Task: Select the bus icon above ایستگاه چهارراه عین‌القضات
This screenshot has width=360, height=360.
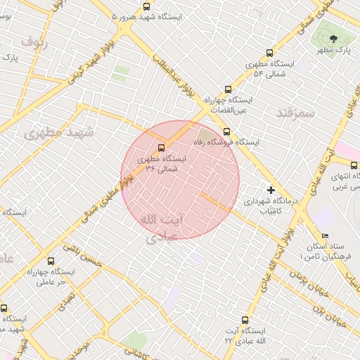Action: click(227, 89)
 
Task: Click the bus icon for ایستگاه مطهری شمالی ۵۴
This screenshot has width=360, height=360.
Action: click(270, 53)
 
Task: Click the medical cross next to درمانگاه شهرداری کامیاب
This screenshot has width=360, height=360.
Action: click(271, 190)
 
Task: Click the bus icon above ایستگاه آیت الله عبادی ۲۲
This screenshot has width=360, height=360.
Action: click(245, 319)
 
